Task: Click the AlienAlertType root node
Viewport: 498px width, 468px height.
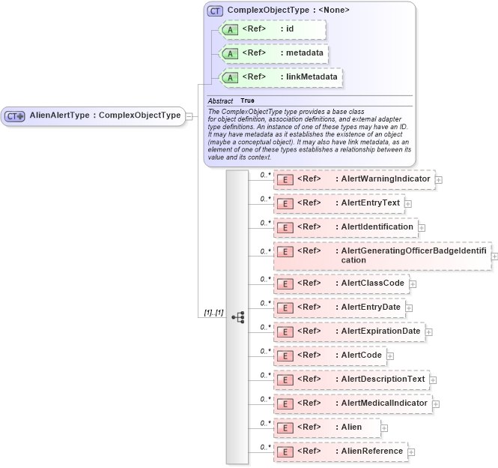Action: pyautogui.click(x=93, y=115)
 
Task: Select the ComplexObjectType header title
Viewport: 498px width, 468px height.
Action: pyautogui.click(x=288, y=10)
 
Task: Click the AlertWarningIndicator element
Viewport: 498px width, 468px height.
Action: pyautogui.click(x=353, y=179)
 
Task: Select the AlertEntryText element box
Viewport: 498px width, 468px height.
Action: pyautogui.click(x=338, y=203)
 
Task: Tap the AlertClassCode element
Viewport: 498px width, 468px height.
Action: pyautogui.click(x=341, y=283)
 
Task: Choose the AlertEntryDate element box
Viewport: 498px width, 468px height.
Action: pyautogui.click(x=341, y=307)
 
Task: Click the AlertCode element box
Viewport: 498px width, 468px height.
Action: pyautogui.click(x=330, y=355)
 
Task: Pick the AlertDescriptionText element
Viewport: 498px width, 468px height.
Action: pyautogui.click(x=351, y=379)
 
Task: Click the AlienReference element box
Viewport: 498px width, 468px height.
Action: pyautogui.click(x=340, y=451)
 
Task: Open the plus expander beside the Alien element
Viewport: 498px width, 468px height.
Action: pyautogui.click(x=385, y=428)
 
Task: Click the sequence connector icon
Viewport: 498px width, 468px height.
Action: pyautogui.click(x=237, y=295)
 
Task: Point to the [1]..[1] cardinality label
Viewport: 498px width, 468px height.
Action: pyautogui.click(x=213, y=291)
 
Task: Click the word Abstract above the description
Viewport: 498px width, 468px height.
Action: pyautogui.click(x=220, y=100)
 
